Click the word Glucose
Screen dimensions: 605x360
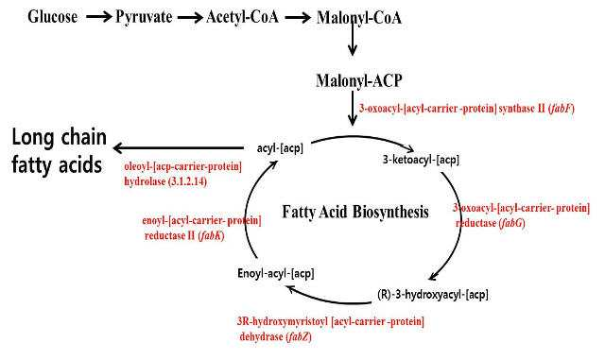53,17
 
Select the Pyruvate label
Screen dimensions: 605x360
144,17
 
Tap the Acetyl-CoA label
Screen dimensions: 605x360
242,17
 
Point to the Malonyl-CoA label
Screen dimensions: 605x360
359,18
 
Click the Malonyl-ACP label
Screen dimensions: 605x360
359,80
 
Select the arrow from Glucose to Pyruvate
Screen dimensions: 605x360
98,17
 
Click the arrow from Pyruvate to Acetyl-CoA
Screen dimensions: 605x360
190,17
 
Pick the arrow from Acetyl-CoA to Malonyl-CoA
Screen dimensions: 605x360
298,17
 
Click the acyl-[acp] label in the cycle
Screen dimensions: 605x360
280,147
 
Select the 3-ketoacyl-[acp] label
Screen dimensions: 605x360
421,159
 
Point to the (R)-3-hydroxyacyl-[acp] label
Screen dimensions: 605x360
433,295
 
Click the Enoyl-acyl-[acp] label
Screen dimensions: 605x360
276,273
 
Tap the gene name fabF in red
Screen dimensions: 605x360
562,108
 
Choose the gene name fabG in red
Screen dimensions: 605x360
512,223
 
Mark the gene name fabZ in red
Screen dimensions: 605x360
299,336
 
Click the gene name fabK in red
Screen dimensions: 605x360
211,235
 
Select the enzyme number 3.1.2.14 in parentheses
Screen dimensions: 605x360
187,181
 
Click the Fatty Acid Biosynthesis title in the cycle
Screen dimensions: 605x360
355,212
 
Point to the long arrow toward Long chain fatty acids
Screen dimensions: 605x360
179,147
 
